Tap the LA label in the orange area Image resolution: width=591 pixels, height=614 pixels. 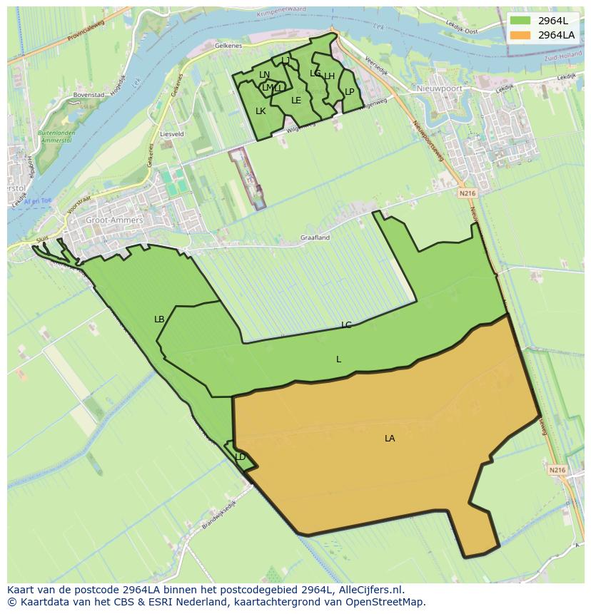coord(390,439)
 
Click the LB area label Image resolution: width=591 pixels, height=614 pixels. coord(159,319)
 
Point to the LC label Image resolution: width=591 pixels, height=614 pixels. coord(346,325)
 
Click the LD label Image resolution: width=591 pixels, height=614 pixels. coord(241,457)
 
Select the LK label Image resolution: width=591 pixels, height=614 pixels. coord(261,111)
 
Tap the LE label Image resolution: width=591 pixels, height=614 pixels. coord(296,101)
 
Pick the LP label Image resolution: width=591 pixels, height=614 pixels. coord(350,92)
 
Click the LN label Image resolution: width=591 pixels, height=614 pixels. coord(265,75)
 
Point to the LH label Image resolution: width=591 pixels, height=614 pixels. coord(330,76)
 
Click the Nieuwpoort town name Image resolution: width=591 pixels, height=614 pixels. coord(440,88)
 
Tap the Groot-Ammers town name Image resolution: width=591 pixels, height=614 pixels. coord(114,220)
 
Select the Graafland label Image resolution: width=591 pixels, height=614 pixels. coord(315,237)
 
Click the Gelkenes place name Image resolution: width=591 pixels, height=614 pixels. coord(228,45)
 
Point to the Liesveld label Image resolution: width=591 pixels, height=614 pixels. coord(172,133)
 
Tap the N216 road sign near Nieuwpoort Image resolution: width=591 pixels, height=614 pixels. coord(467,193)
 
